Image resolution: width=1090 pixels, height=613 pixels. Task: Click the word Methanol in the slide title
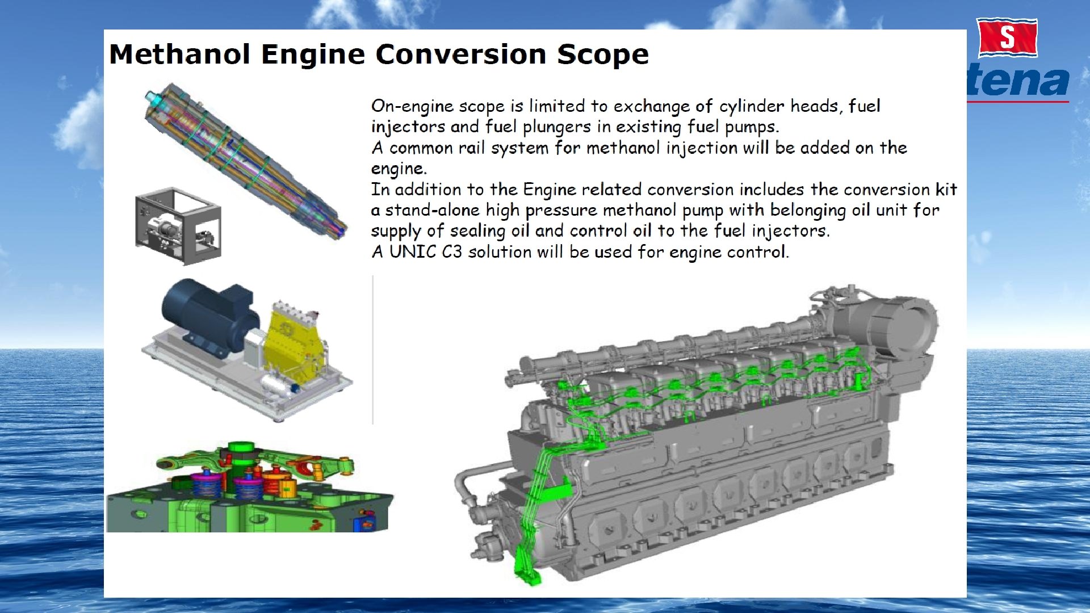pos(179,54)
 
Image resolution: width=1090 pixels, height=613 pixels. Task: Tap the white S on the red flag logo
pos(1007,37)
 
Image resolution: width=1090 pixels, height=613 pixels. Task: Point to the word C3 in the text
pos(452,251)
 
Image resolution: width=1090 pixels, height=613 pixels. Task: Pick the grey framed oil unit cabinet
pos(178,226)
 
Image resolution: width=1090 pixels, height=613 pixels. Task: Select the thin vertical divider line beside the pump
pos(372,349)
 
